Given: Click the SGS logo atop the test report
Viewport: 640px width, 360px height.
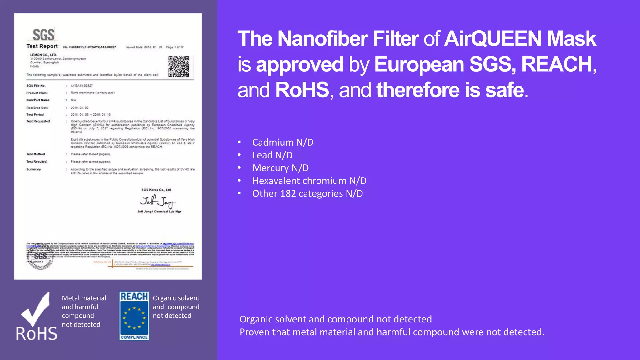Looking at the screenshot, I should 43,35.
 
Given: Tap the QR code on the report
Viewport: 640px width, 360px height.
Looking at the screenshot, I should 179,66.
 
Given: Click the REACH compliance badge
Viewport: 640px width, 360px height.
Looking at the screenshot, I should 134,316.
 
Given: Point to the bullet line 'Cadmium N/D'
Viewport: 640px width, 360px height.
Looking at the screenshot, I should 282,142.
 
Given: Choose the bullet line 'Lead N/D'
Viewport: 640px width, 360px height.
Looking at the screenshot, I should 272,155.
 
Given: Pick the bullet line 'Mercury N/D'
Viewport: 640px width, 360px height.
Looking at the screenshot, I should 280,168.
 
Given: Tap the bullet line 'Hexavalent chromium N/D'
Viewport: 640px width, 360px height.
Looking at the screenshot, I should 309,181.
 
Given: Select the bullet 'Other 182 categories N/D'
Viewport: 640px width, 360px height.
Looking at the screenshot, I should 307,194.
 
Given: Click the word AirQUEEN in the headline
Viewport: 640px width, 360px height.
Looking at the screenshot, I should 492,39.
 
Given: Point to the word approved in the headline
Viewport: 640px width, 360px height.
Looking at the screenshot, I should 299,64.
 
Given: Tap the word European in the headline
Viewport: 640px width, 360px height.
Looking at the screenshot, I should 419,64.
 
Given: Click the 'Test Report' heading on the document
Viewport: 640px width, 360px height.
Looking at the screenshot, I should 42,46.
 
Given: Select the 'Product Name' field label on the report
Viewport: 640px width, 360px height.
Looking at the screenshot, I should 37,93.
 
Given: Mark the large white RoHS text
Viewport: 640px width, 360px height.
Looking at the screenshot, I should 37,334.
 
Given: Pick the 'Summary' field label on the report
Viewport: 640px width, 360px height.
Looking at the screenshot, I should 33,169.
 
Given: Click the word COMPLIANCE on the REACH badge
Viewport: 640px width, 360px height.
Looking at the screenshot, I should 134,337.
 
